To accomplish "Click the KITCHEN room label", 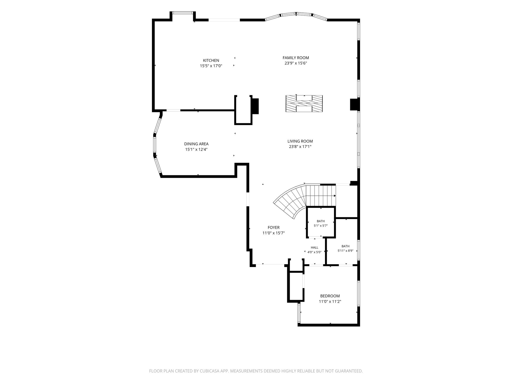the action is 211,60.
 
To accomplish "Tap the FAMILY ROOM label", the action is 296,58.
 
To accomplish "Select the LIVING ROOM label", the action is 300,141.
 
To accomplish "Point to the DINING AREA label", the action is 196,144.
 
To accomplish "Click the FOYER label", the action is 273,227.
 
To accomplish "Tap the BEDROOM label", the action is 330,296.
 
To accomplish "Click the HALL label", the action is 314,247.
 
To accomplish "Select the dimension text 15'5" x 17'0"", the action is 211,66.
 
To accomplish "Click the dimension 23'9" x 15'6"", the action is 296,63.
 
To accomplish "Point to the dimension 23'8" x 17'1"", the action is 300,147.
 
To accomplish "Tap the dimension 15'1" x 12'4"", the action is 196,149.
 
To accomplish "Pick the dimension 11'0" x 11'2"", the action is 330,301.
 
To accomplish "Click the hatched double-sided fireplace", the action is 304,104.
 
